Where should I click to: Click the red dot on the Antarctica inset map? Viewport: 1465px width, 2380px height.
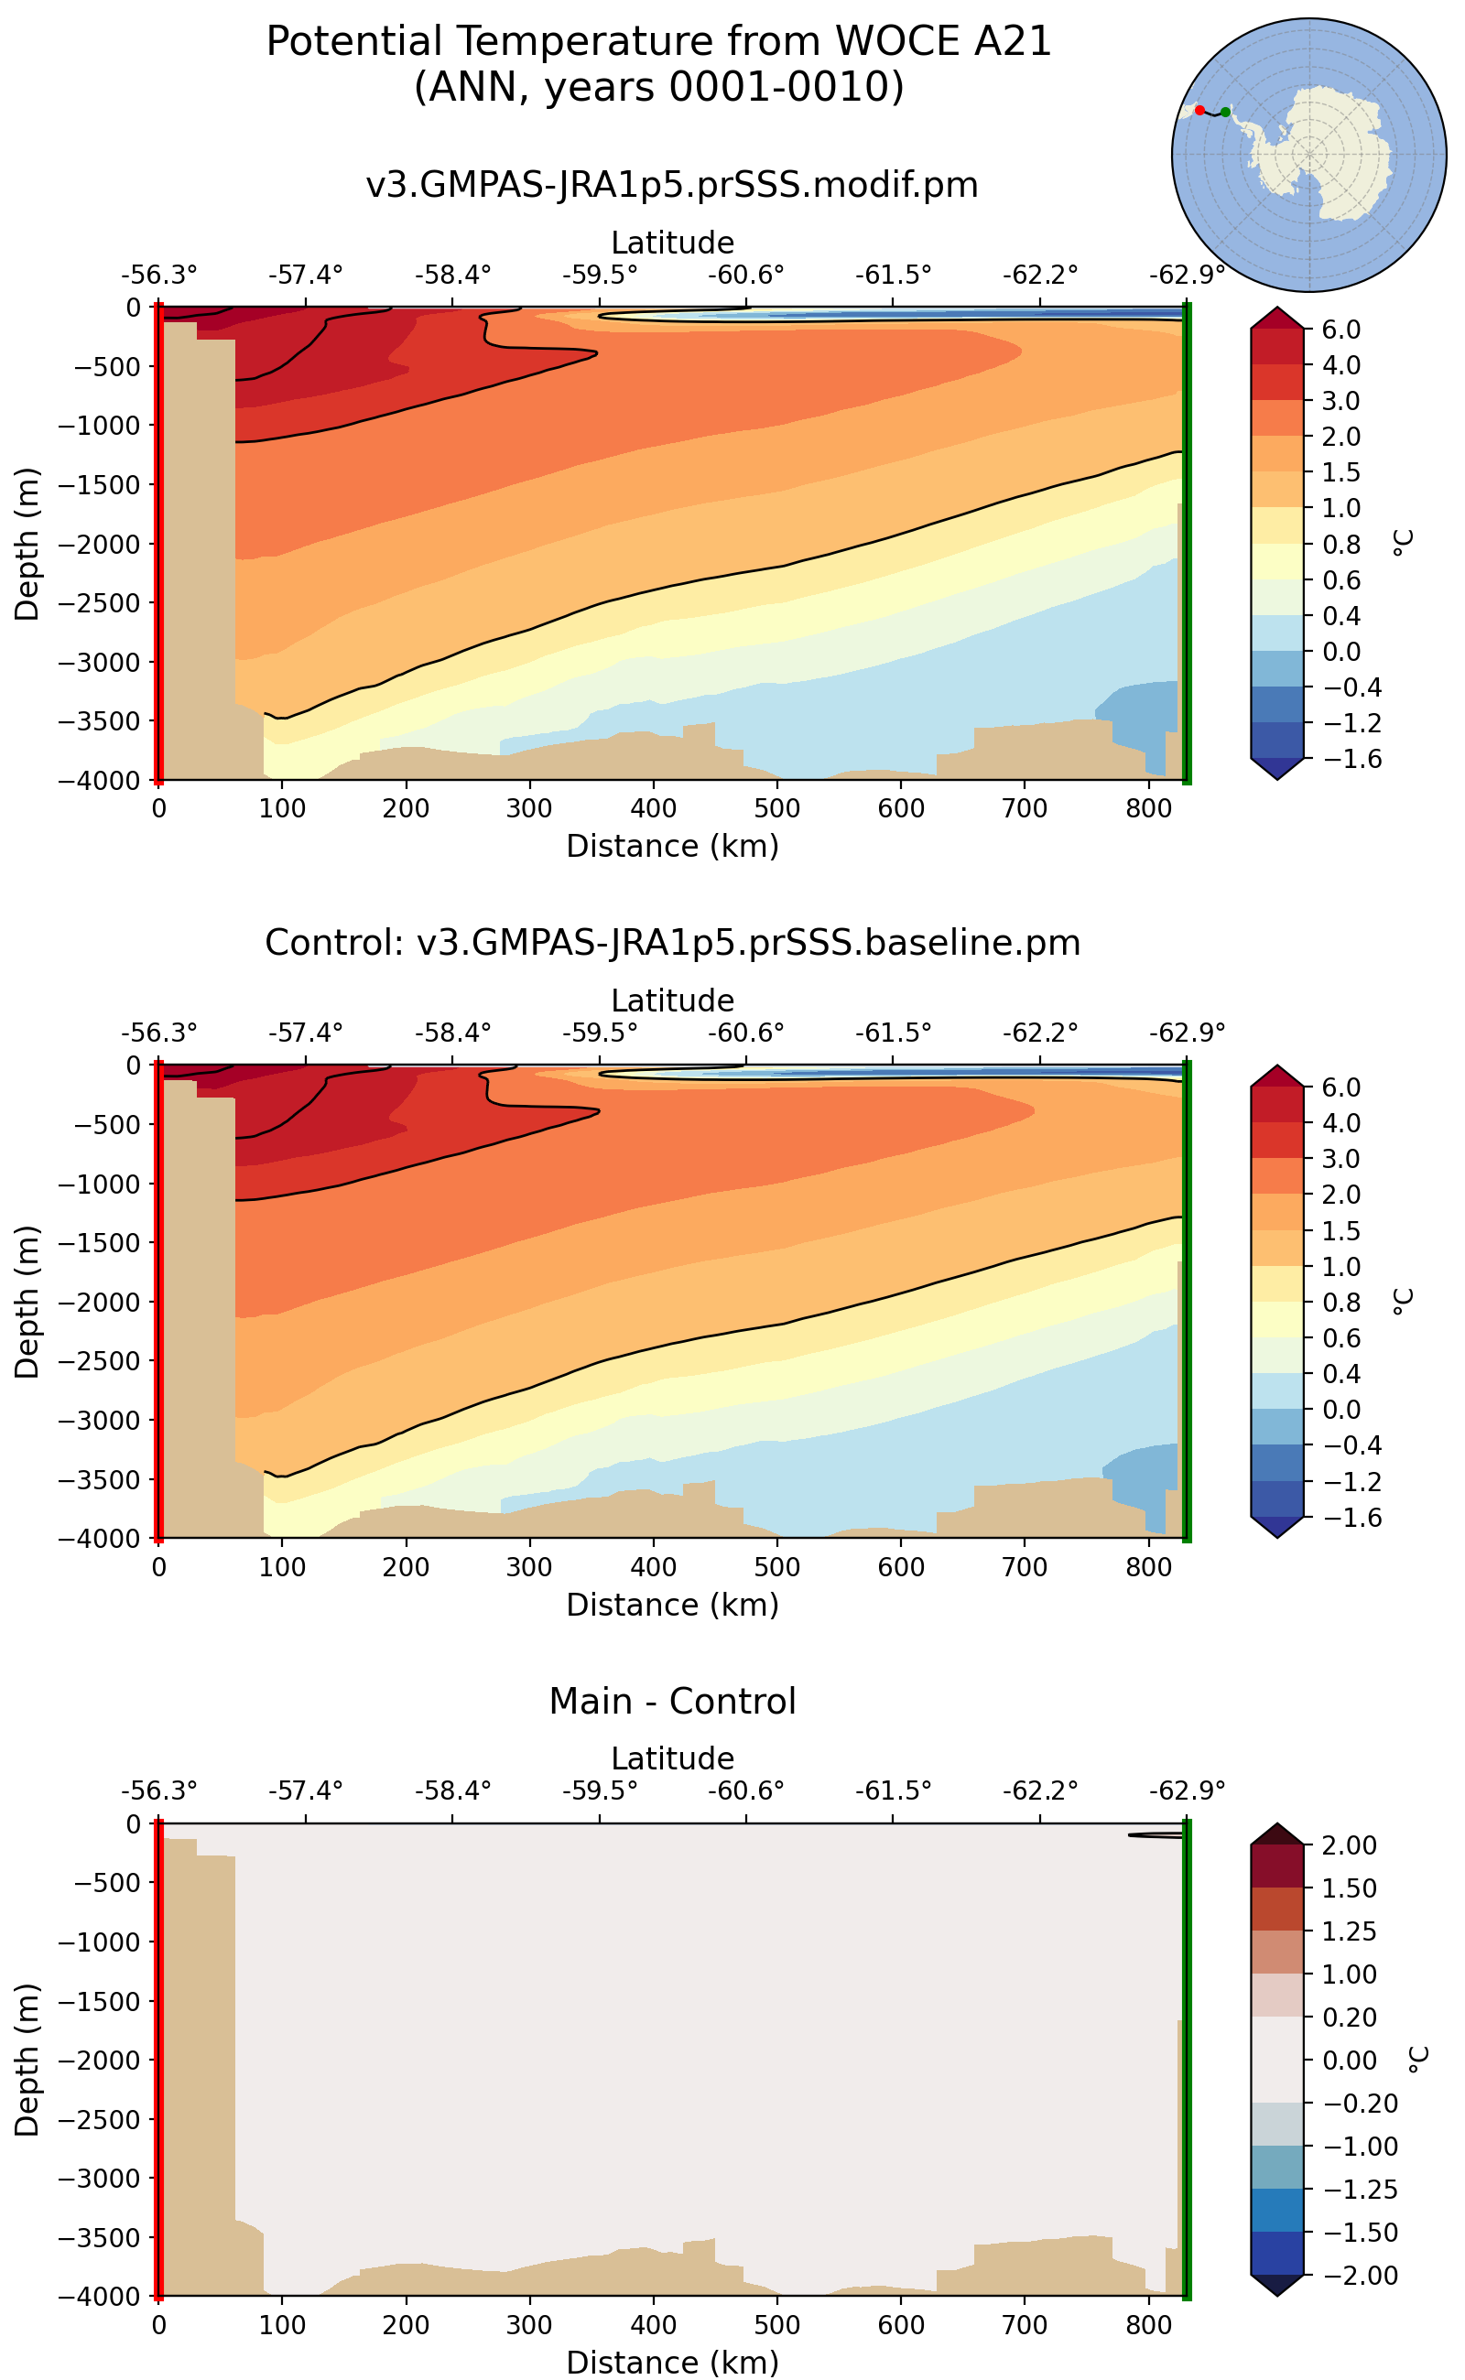1199,111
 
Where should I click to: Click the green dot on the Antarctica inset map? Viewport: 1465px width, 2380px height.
1226,113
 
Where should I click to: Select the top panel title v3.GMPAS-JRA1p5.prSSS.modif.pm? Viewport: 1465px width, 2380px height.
671,184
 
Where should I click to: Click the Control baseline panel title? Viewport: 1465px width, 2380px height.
671,943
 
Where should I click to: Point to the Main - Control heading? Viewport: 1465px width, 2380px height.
671,1701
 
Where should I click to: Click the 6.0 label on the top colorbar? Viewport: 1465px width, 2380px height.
1341,330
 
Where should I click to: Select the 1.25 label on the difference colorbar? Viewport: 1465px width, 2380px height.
1349,1931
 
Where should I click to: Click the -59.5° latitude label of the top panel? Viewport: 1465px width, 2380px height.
600,276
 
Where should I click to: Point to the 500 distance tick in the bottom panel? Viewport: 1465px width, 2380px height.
777,2325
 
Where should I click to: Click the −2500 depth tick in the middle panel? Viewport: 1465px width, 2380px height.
99,1361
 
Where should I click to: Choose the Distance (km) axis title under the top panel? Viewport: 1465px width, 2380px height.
671,846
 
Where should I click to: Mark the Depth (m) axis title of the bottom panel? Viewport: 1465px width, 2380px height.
27,2060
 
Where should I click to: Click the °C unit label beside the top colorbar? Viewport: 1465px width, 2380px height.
1402,543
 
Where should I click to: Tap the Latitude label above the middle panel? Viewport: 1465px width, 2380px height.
671,1001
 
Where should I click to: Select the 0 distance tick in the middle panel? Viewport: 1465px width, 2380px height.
159,1566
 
